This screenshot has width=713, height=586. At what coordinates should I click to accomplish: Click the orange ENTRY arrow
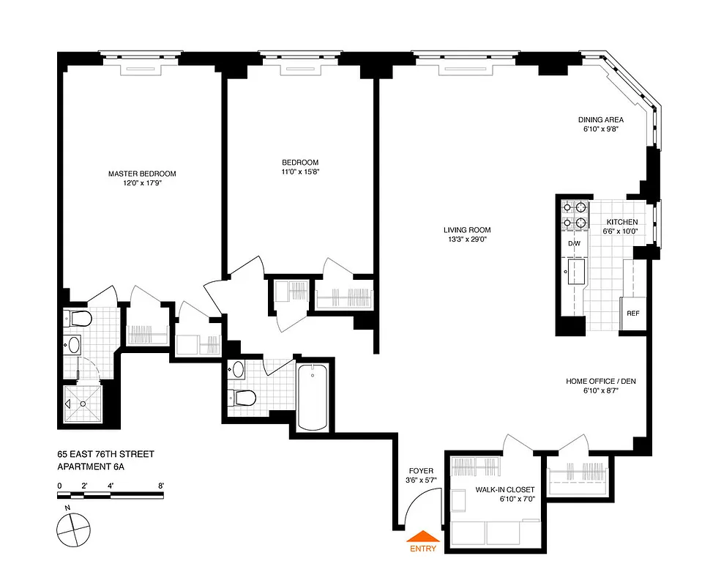422,536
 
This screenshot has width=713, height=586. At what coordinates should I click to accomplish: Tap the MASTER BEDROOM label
142,174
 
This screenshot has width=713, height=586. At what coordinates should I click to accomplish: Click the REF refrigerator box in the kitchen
632,314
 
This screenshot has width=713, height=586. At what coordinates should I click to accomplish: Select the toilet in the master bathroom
78,319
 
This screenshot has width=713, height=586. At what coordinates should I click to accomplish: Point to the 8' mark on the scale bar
160,485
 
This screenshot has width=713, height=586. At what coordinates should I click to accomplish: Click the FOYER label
421,470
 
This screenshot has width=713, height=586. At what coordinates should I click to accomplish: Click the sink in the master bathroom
74,344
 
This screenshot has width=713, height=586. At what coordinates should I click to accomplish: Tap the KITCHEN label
621,222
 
